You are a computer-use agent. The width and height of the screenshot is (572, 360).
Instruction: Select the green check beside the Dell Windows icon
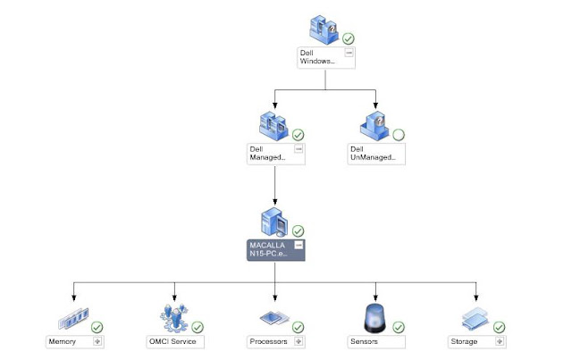[x=349, y=39]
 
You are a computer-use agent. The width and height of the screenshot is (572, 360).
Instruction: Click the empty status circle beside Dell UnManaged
[x=399, y=135]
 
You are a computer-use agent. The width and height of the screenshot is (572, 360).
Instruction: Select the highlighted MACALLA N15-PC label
[x=272, y=249]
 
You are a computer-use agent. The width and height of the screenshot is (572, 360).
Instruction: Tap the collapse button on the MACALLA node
[x=299, y=245]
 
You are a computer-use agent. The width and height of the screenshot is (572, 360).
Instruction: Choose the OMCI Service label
[x=175, y=341]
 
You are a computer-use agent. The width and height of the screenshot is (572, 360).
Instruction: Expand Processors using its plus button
[x=299, y=341]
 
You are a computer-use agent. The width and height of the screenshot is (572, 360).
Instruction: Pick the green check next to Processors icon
[x=298, y=328]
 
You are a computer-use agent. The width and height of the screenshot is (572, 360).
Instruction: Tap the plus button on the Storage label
[x=502, y=341]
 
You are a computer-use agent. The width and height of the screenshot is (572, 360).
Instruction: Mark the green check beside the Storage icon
[x=500, y=328]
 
